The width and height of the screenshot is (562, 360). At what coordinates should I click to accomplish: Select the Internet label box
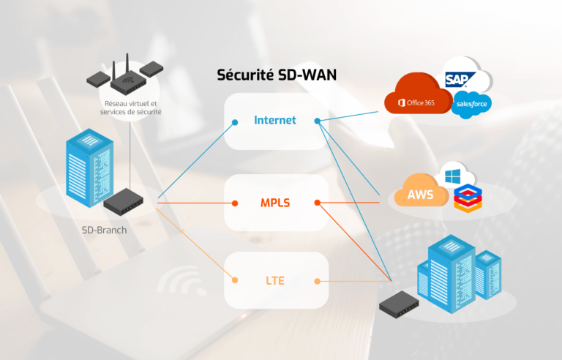point(275,120)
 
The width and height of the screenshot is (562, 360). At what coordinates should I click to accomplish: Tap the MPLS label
point(275,202)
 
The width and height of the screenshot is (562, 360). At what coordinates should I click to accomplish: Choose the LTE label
point(275,280)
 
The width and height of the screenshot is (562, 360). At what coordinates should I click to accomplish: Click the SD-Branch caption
point(105,229)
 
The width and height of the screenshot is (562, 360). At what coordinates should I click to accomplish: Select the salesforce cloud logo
point(472,105)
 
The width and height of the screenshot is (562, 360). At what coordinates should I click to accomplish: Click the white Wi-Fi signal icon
point(179,282)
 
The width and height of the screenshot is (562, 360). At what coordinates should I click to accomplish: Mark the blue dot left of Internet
point(234,121)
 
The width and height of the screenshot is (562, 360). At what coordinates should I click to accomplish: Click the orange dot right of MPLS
point(317,203)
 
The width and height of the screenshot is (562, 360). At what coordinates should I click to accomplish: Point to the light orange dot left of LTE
point(234,280)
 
